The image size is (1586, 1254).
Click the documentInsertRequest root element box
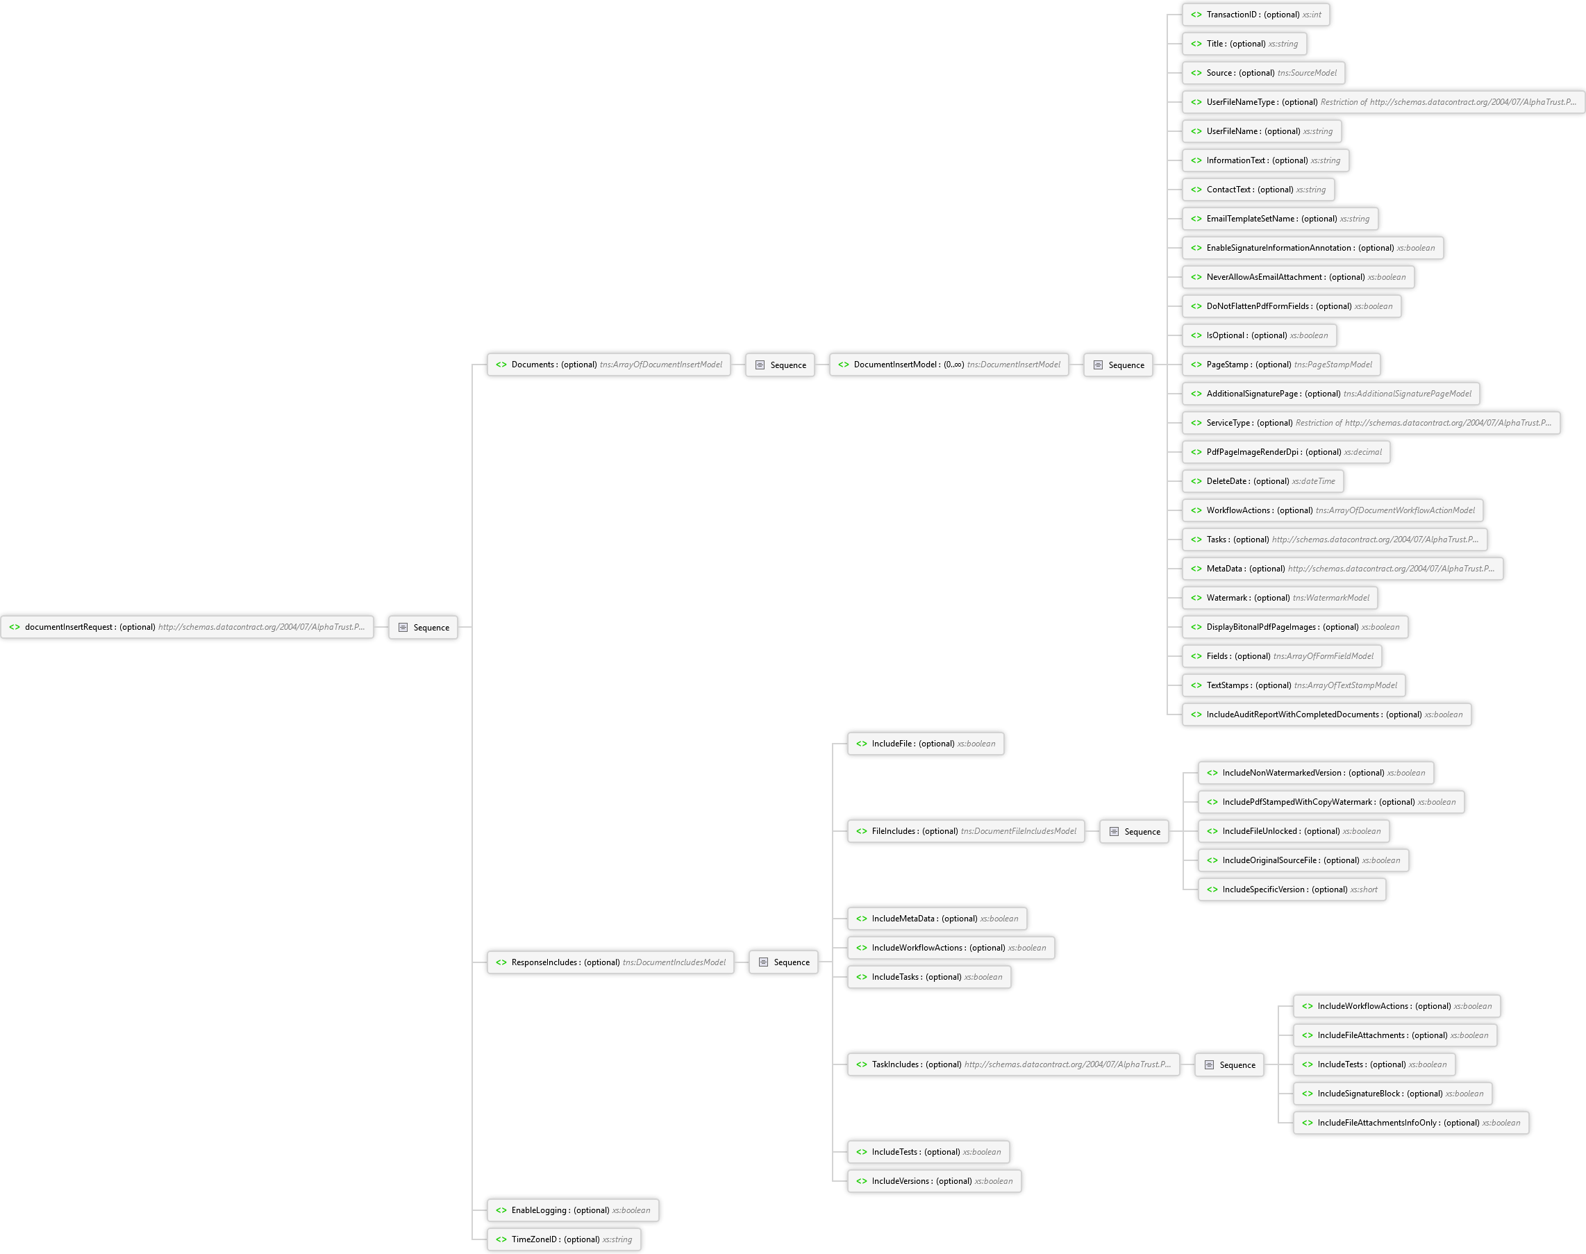point(187,627)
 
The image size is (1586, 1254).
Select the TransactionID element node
point(1255,15)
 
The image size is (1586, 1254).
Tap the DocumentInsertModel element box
point(949,365)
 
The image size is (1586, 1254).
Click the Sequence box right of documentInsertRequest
point(423,628)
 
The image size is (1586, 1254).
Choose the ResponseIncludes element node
point(610,962)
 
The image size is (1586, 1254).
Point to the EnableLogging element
point(573,1210)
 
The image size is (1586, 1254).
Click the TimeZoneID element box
point(564,1239)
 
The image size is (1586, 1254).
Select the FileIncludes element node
point(965,831)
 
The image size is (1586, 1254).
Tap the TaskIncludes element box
point(1013,1064)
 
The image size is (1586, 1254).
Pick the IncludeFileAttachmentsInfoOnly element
point(1410,1123)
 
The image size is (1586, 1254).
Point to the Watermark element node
point(1279,598)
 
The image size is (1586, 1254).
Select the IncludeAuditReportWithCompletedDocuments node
point(1326,714)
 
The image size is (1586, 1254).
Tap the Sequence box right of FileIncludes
point(1135,832)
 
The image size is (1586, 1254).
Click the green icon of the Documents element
point(501,365)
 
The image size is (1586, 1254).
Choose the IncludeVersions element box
point(934,1181)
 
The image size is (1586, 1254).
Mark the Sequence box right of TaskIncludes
point(1229,1065)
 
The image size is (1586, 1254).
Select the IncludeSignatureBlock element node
point(1392,1094)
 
